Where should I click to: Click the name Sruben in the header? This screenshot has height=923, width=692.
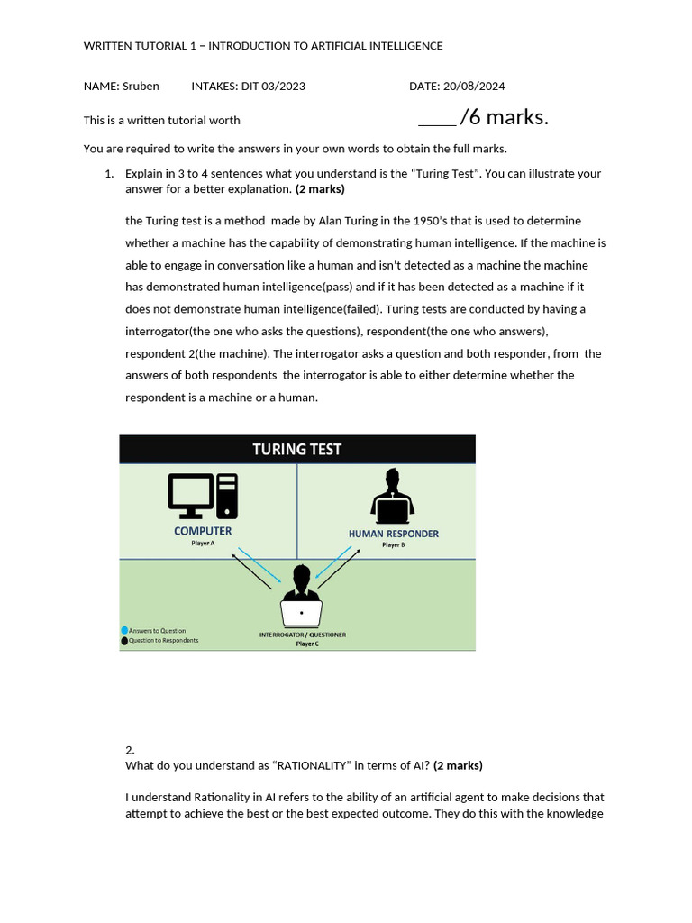point(140,87)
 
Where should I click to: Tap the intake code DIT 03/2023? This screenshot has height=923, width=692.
point(273,87)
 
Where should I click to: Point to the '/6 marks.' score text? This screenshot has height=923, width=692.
point(504,118)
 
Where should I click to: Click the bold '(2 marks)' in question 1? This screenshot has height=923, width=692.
point(320,189)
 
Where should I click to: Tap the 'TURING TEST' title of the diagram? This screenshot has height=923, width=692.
point(296,449)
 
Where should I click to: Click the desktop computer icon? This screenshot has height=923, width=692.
point(203,497)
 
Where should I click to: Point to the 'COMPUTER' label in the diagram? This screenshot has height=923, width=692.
point(203,531)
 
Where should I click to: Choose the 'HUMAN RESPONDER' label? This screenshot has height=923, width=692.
point(394,534)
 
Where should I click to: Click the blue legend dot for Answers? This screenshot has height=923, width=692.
point(124,630)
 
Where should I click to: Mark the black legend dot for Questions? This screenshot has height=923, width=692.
point(124,640)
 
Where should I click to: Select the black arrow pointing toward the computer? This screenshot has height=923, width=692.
point(251,571)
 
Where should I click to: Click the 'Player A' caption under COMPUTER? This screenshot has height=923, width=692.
point(203,544)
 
